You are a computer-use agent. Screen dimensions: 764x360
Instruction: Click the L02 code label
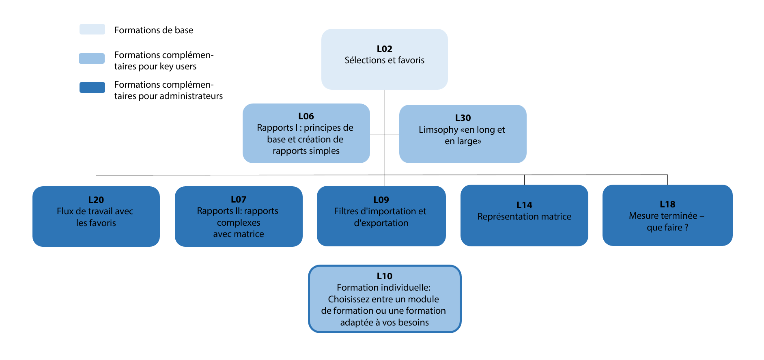tap(384, 49)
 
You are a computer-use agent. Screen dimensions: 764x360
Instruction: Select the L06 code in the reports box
tap(306, 116)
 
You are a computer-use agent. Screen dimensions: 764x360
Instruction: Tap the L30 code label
tap(463, 118)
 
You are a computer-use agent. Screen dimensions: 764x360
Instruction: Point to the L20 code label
tap(96, 200)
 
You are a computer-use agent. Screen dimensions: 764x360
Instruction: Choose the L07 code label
tap(239, 200)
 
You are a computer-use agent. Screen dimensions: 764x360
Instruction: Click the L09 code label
tap(381, 200)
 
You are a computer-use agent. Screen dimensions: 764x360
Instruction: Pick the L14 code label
tap(524, 205)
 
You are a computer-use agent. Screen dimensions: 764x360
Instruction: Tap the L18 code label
tap(667, 205)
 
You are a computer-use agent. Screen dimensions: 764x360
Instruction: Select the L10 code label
tap(385, 276)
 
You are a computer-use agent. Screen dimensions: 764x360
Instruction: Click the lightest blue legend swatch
tap(92, 29)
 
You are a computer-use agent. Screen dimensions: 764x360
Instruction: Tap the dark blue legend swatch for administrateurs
tap(92, 87)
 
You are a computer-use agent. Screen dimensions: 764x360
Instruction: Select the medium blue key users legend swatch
tap(92, 58)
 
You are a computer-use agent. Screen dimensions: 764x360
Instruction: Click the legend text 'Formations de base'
tap(154, 30)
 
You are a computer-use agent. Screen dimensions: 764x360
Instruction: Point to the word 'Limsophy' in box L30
tap(438, 130)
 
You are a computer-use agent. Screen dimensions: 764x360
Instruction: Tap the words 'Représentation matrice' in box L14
tap(524, 217)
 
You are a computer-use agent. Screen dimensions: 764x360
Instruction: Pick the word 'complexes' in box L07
tap(239, 223)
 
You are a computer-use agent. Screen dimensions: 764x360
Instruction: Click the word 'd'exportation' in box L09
tap(381, 223)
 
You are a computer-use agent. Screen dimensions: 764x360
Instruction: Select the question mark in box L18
tap(686, 228)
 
